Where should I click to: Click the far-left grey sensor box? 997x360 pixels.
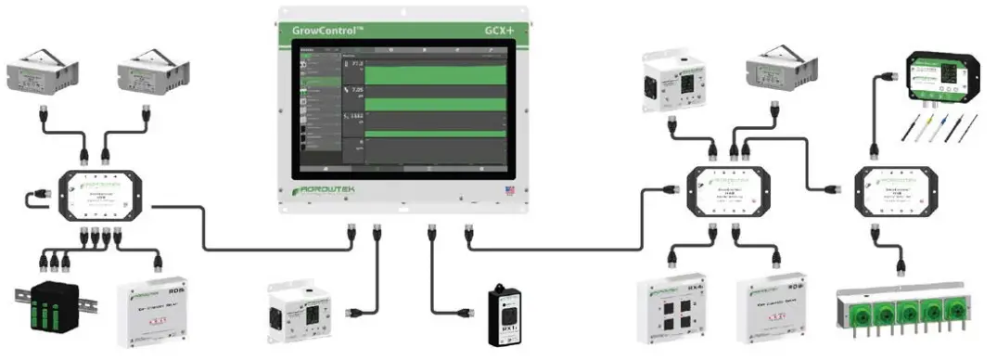point(44,71)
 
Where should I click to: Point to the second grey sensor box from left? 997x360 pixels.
point(155,71)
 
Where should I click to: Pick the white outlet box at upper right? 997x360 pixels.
point(672,83)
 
